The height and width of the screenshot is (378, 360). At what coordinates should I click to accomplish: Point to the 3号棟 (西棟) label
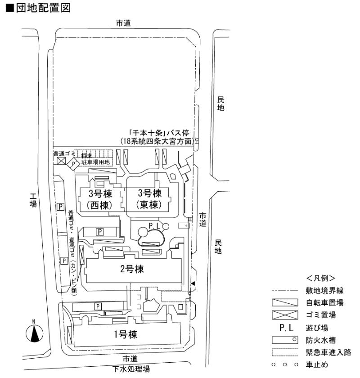click(x=100, y=199)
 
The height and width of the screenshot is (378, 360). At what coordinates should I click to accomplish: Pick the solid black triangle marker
click(x=193, y=283)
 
